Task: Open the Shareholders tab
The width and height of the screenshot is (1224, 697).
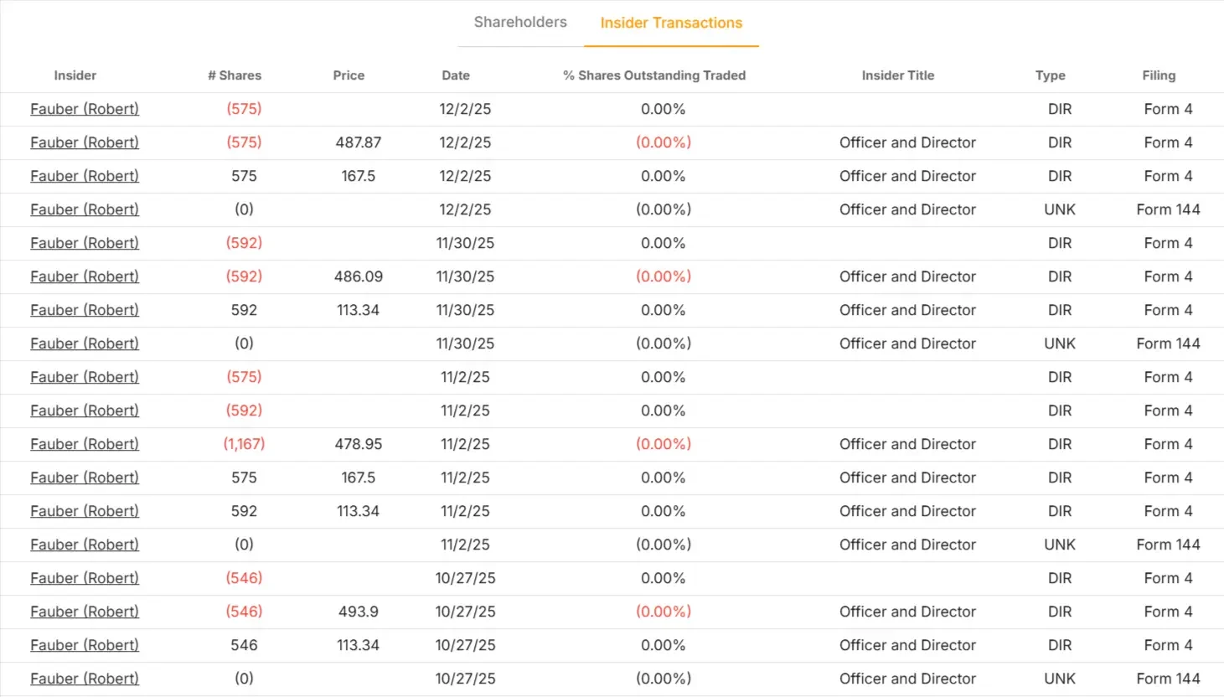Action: click(x=519, y=23)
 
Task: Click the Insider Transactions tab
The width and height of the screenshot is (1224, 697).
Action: click(x=671, y=23)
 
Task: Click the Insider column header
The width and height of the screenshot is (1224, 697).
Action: click(x=75, y=75)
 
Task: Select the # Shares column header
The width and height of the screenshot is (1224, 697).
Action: click(x=235, y=75)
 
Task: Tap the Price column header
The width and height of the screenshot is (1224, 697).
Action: click(x=349, y=75)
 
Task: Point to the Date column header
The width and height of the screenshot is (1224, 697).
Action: click(x=456, y=75)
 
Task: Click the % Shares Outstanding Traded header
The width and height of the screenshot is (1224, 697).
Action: click(x=653, y=75)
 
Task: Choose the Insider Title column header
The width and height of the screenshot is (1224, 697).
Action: click(x=897, y=75)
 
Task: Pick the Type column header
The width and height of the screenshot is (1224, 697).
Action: click(x=1050, y=75)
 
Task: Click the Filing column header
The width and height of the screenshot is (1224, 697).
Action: click(x=1159, y=75)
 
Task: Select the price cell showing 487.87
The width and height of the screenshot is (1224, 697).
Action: click(x=358, y=142)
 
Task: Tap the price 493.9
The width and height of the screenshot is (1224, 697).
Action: click(x=358, y=612)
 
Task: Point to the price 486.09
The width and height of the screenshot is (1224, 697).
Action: click(x=358, y=276)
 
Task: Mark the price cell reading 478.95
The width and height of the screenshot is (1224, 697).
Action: click(x=358, y=444)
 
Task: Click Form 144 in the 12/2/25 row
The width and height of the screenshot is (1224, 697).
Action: click(x=1168, y=209)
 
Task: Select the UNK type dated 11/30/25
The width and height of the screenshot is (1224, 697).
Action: click(x=1059, y=343)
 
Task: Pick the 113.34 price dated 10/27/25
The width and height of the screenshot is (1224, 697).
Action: click(x=358, y=645)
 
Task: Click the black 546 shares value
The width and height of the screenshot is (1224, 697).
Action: click(x=244, y=645)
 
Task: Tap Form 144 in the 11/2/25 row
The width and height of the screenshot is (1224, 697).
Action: click(x=1168, y=545)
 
